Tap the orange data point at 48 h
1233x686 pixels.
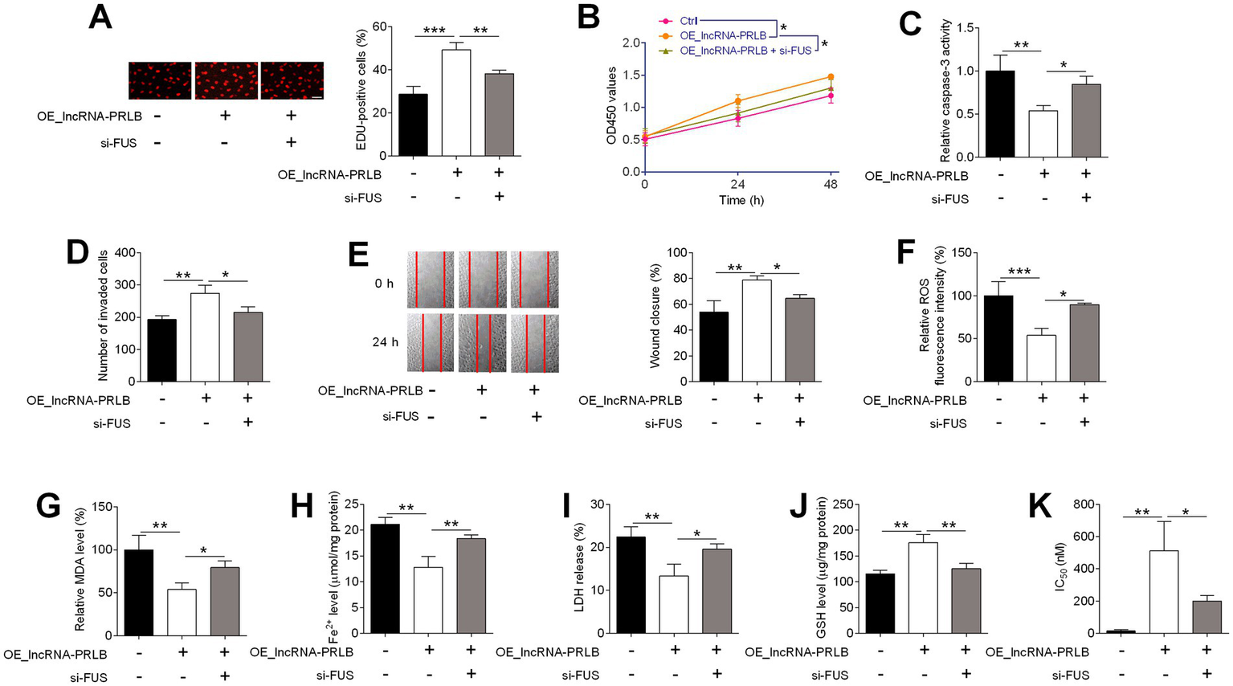click(x=831, y=77)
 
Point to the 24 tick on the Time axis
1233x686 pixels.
click(x=737, y=185)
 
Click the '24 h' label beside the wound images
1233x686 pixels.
click(x=385, y=342)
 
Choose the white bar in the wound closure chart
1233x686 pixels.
click(x=756, y=330)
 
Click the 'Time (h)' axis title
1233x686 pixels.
click(x=741, y=201)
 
